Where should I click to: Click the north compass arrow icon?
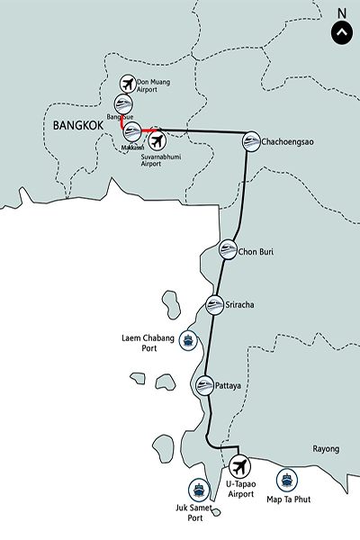[x=341, y=33]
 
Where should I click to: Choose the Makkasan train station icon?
[x=132, y=130]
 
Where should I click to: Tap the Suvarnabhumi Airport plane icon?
[x=157, y=140]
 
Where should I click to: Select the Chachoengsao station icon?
[x=251, y=140]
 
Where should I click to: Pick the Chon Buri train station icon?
[x=228, y=251]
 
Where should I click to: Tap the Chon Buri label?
[x=256, y=252]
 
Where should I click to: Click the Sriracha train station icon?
[x=214, y=305]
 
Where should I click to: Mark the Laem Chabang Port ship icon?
[x=187, y=340]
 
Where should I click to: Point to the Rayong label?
[x=327, y=449]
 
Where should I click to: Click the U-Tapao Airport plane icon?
[x=238, y=466]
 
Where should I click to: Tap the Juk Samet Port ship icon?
[x=199, y=490]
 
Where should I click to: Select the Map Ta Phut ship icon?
[x=287, y=480]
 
